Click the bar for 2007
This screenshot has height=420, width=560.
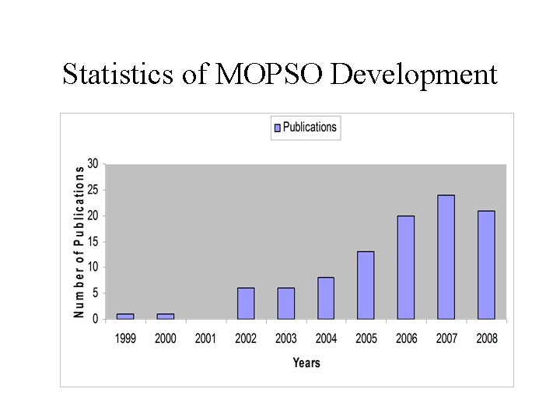pos(446,257)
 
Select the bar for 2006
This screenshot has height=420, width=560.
pos(406,268)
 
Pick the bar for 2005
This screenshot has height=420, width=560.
pos(366,285)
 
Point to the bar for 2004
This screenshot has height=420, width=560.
pos(326,298)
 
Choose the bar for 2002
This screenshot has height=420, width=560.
pos(246,303)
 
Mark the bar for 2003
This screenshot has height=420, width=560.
pos(286,303)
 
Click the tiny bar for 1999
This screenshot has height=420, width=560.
pos(125,316)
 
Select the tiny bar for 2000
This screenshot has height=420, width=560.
pos(166,316)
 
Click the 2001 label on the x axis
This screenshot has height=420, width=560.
pos(205,338)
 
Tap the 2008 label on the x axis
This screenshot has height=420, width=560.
pos(486,338)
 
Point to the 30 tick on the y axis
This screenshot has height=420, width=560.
pos(93,163)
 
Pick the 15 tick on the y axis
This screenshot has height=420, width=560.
pos(93,241)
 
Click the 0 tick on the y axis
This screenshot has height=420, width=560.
pos(95,319)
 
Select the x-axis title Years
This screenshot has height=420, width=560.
pos(306,362)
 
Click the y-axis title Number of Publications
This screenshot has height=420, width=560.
pos(79,241)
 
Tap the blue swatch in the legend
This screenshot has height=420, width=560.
pos(277,128)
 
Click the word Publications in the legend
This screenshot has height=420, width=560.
pos(310,128)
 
